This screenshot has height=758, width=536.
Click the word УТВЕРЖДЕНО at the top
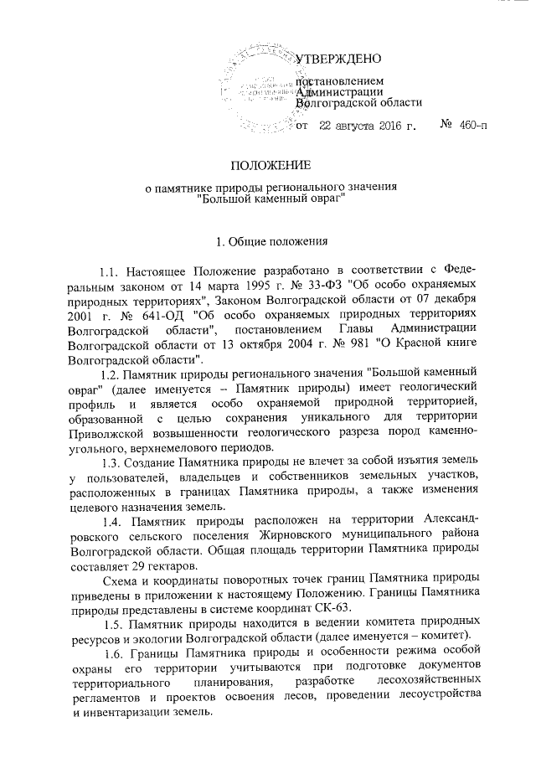340,59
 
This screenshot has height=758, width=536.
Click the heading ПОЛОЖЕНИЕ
267,165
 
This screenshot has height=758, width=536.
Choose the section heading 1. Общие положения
268,243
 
